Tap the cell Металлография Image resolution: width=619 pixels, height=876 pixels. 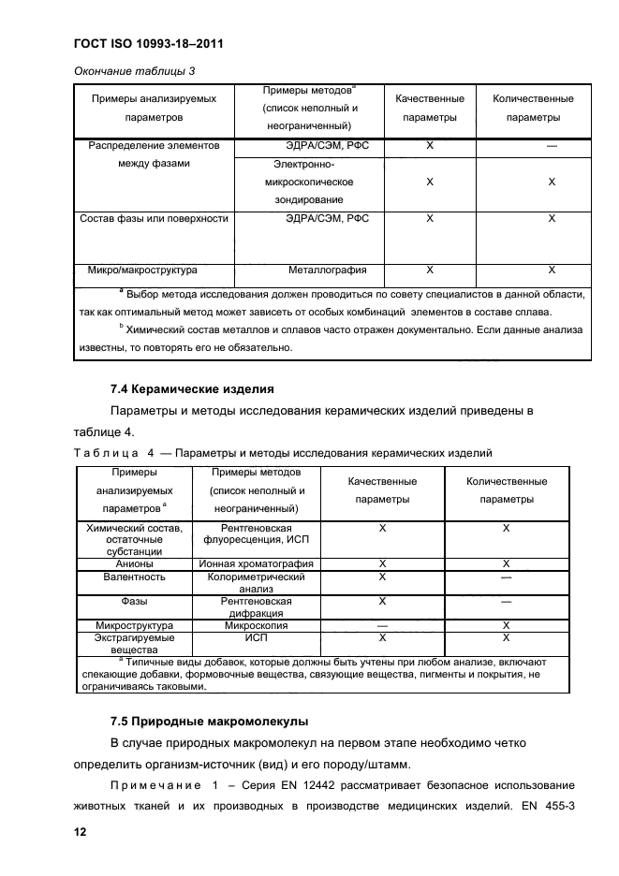click(327, 270)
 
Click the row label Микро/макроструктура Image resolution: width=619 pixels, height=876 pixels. click(141, 270)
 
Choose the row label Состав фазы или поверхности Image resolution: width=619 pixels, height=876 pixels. click(154, 218)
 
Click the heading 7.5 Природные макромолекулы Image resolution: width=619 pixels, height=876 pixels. click(209, 722)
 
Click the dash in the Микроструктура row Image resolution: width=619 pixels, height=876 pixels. click(382, 625)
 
